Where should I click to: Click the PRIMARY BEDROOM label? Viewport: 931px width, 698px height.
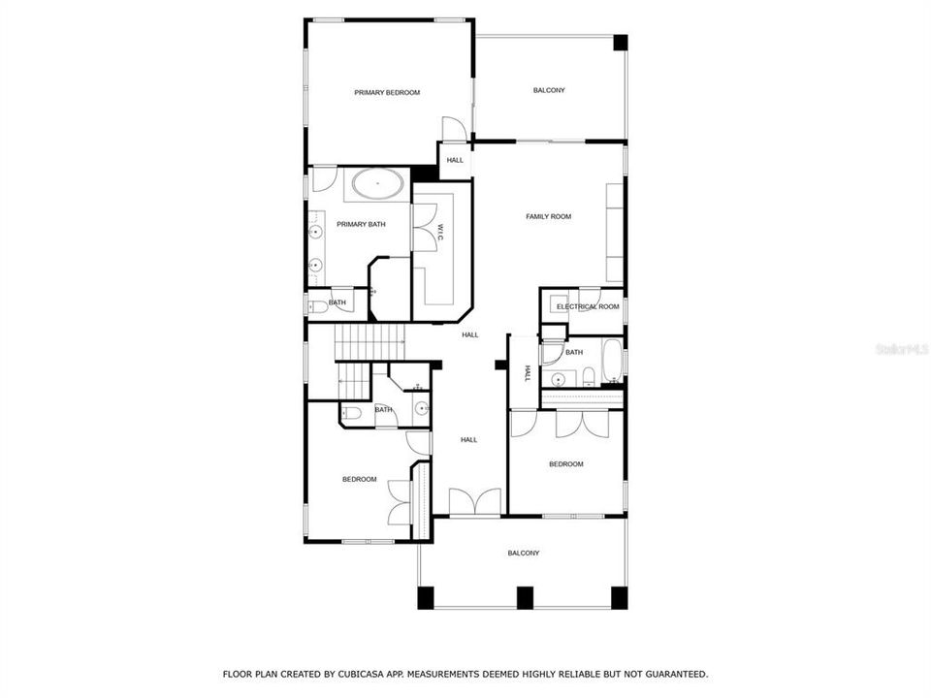point(387,92)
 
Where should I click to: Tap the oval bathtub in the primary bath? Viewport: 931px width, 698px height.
point(378,184)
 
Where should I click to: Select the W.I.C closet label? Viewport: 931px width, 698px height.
point(439,233)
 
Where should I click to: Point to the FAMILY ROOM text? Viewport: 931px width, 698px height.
point(548,216)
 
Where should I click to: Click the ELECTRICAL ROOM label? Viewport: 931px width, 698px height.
point(588,306)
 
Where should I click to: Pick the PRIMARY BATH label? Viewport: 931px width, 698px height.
point(361,224)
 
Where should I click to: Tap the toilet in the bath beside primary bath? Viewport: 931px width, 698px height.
point(318,306)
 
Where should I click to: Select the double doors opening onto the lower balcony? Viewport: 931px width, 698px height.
point(475,501)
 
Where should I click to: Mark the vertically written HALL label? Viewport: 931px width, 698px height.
point(528,372)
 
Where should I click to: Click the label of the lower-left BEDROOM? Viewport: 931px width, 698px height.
point(359,479)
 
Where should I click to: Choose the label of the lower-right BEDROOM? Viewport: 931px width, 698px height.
point(566,463)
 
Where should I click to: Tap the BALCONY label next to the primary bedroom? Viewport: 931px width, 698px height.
point(549,90)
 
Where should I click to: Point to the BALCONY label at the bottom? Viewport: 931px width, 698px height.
point(524,553)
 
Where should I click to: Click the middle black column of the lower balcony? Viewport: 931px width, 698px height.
point(525,598)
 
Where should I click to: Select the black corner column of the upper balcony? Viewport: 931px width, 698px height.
point(620,44)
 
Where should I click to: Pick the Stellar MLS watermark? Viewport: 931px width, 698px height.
point(901,347)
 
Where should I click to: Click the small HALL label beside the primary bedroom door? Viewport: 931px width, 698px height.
point(455,160)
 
